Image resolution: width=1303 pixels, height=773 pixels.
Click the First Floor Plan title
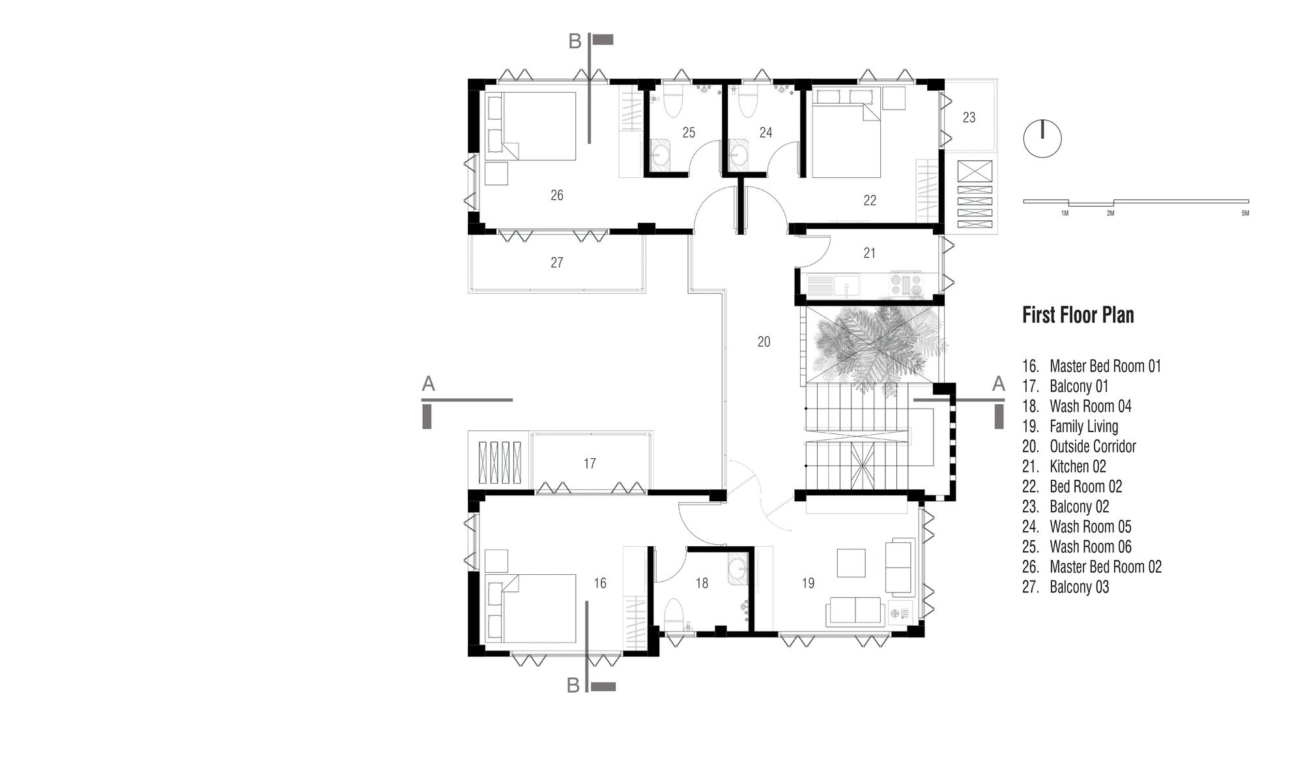[1078, 315]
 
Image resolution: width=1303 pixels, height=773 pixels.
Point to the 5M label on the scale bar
[1245, 213]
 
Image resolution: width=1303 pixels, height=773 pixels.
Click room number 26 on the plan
[556, 195]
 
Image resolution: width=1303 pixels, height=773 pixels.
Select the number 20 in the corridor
[764, 342]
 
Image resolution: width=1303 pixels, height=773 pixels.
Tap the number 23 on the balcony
[969, 117]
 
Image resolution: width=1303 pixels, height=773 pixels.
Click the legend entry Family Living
[1083, 426]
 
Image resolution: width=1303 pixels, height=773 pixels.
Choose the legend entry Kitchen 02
[1078, 467]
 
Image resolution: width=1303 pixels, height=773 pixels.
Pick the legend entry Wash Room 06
[1091, 547]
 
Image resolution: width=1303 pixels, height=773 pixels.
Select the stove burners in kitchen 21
[907, 285]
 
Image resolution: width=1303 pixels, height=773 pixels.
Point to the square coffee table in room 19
[851, 562]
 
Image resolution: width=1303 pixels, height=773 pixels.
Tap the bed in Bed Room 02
[845, 132]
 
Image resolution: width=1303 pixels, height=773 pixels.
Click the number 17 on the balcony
[590, 463]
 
